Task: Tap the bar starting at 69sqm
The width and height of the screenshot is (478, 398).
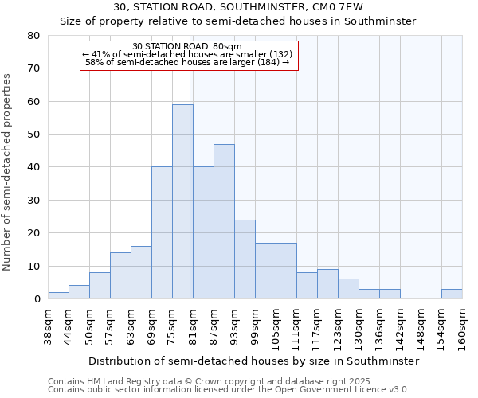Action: [x=162, y=232]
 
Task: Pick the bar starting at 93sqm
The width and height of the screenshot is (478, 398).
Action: [x=245, y=259]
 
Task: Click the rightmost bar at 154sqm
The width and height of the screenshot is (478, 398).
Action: [x=452, y=294]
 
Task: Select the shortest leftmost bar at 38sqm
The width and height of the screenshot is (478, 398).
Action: [x=58, y=295]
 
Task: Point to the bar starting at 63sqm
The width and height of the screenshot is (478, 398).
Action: [x=141, y=272]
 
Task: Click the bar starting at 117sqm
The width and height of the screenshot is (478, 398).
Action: [x=327, y=284]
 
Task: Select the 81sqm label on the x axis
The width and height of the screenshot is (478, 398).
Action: [x=193, y=326]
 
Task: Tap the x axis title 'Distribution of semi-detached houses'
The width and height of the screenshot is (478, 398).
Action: [x=253, y=361]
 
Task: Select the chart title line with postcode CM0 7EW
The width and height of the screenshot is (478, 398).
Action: [x=237, y=7]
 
